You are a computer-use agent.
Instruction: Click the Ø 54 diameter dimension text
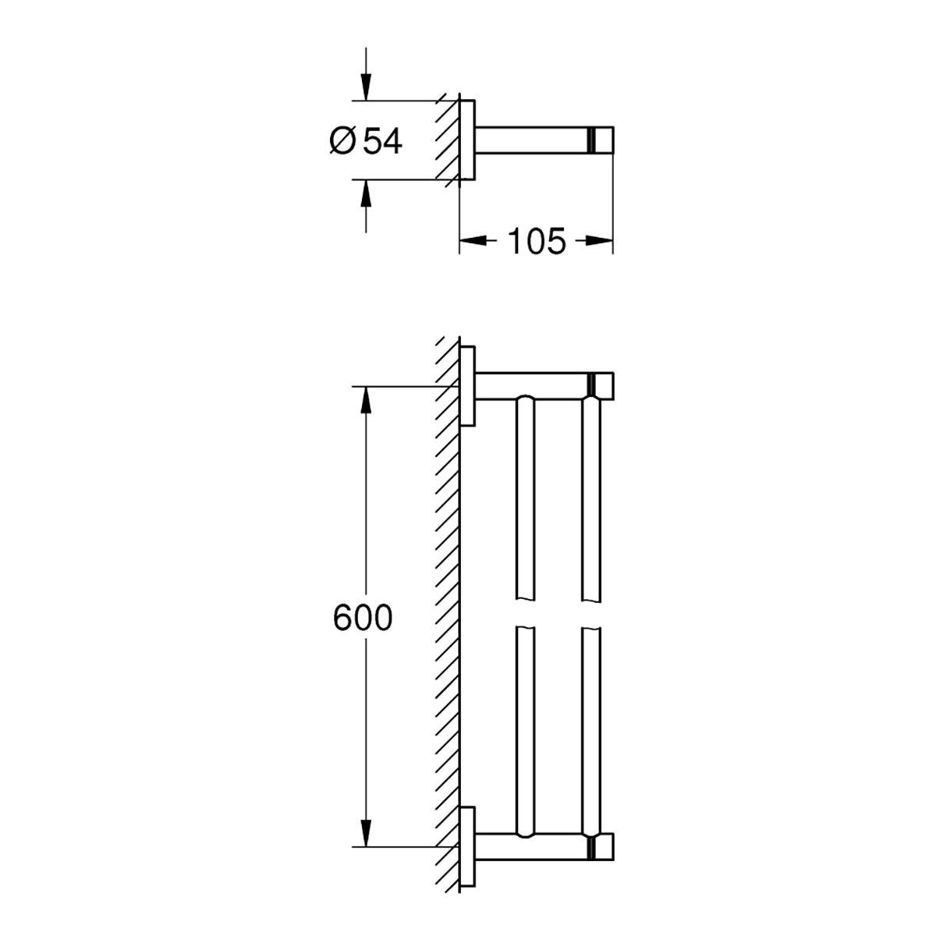[x=366, y=141]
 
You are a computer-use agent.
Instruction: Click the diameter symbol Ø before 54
[x=342, y=141]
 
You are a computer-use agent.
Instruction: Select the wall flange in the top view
[x=466, y=140]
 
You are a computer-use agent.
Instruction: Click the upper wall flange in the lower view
[x=467, y=385]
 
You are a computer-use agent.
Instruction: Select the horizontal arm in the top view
[x=530, y=140]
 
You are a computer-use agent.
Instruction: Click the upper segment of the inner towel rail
[x=525, y=499]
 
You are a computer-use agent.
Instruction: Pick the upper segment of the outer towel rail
[x=592, y=499]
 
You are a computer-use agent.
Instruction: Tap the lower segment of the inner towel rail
[x=525, y=733]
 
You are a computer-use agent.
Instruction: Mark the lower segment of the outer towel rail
[x=592, y=733]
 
